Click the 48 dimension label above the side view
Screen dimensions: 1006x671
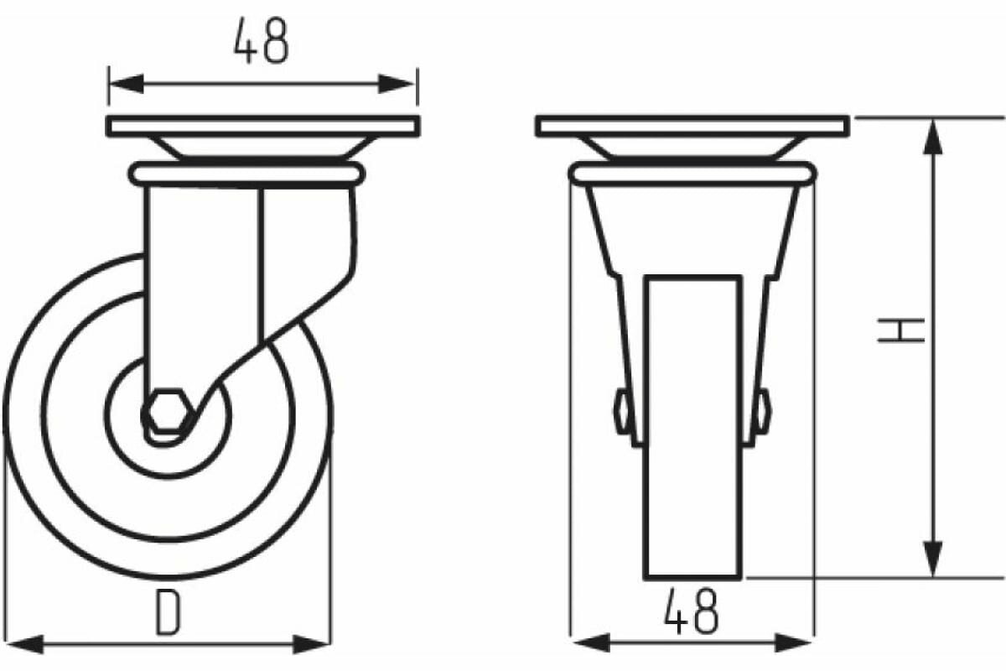coord(261,41)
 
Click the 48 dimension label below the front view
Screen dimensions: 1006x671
coord(692,611)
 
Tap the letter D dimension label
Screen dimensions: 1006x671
coord(168,612)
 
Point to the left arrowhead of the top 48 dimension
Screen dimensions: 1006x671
coord(127,84)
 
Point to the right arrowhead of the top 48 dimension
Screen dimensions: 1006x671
coord(396,84)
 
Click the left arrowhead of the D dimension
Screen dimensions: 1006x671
coord(26,644)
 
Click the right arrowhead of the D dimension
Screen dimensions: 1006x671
coord(311,644)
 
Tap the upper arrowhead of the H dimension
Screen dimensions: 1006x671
coord(932,137)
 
